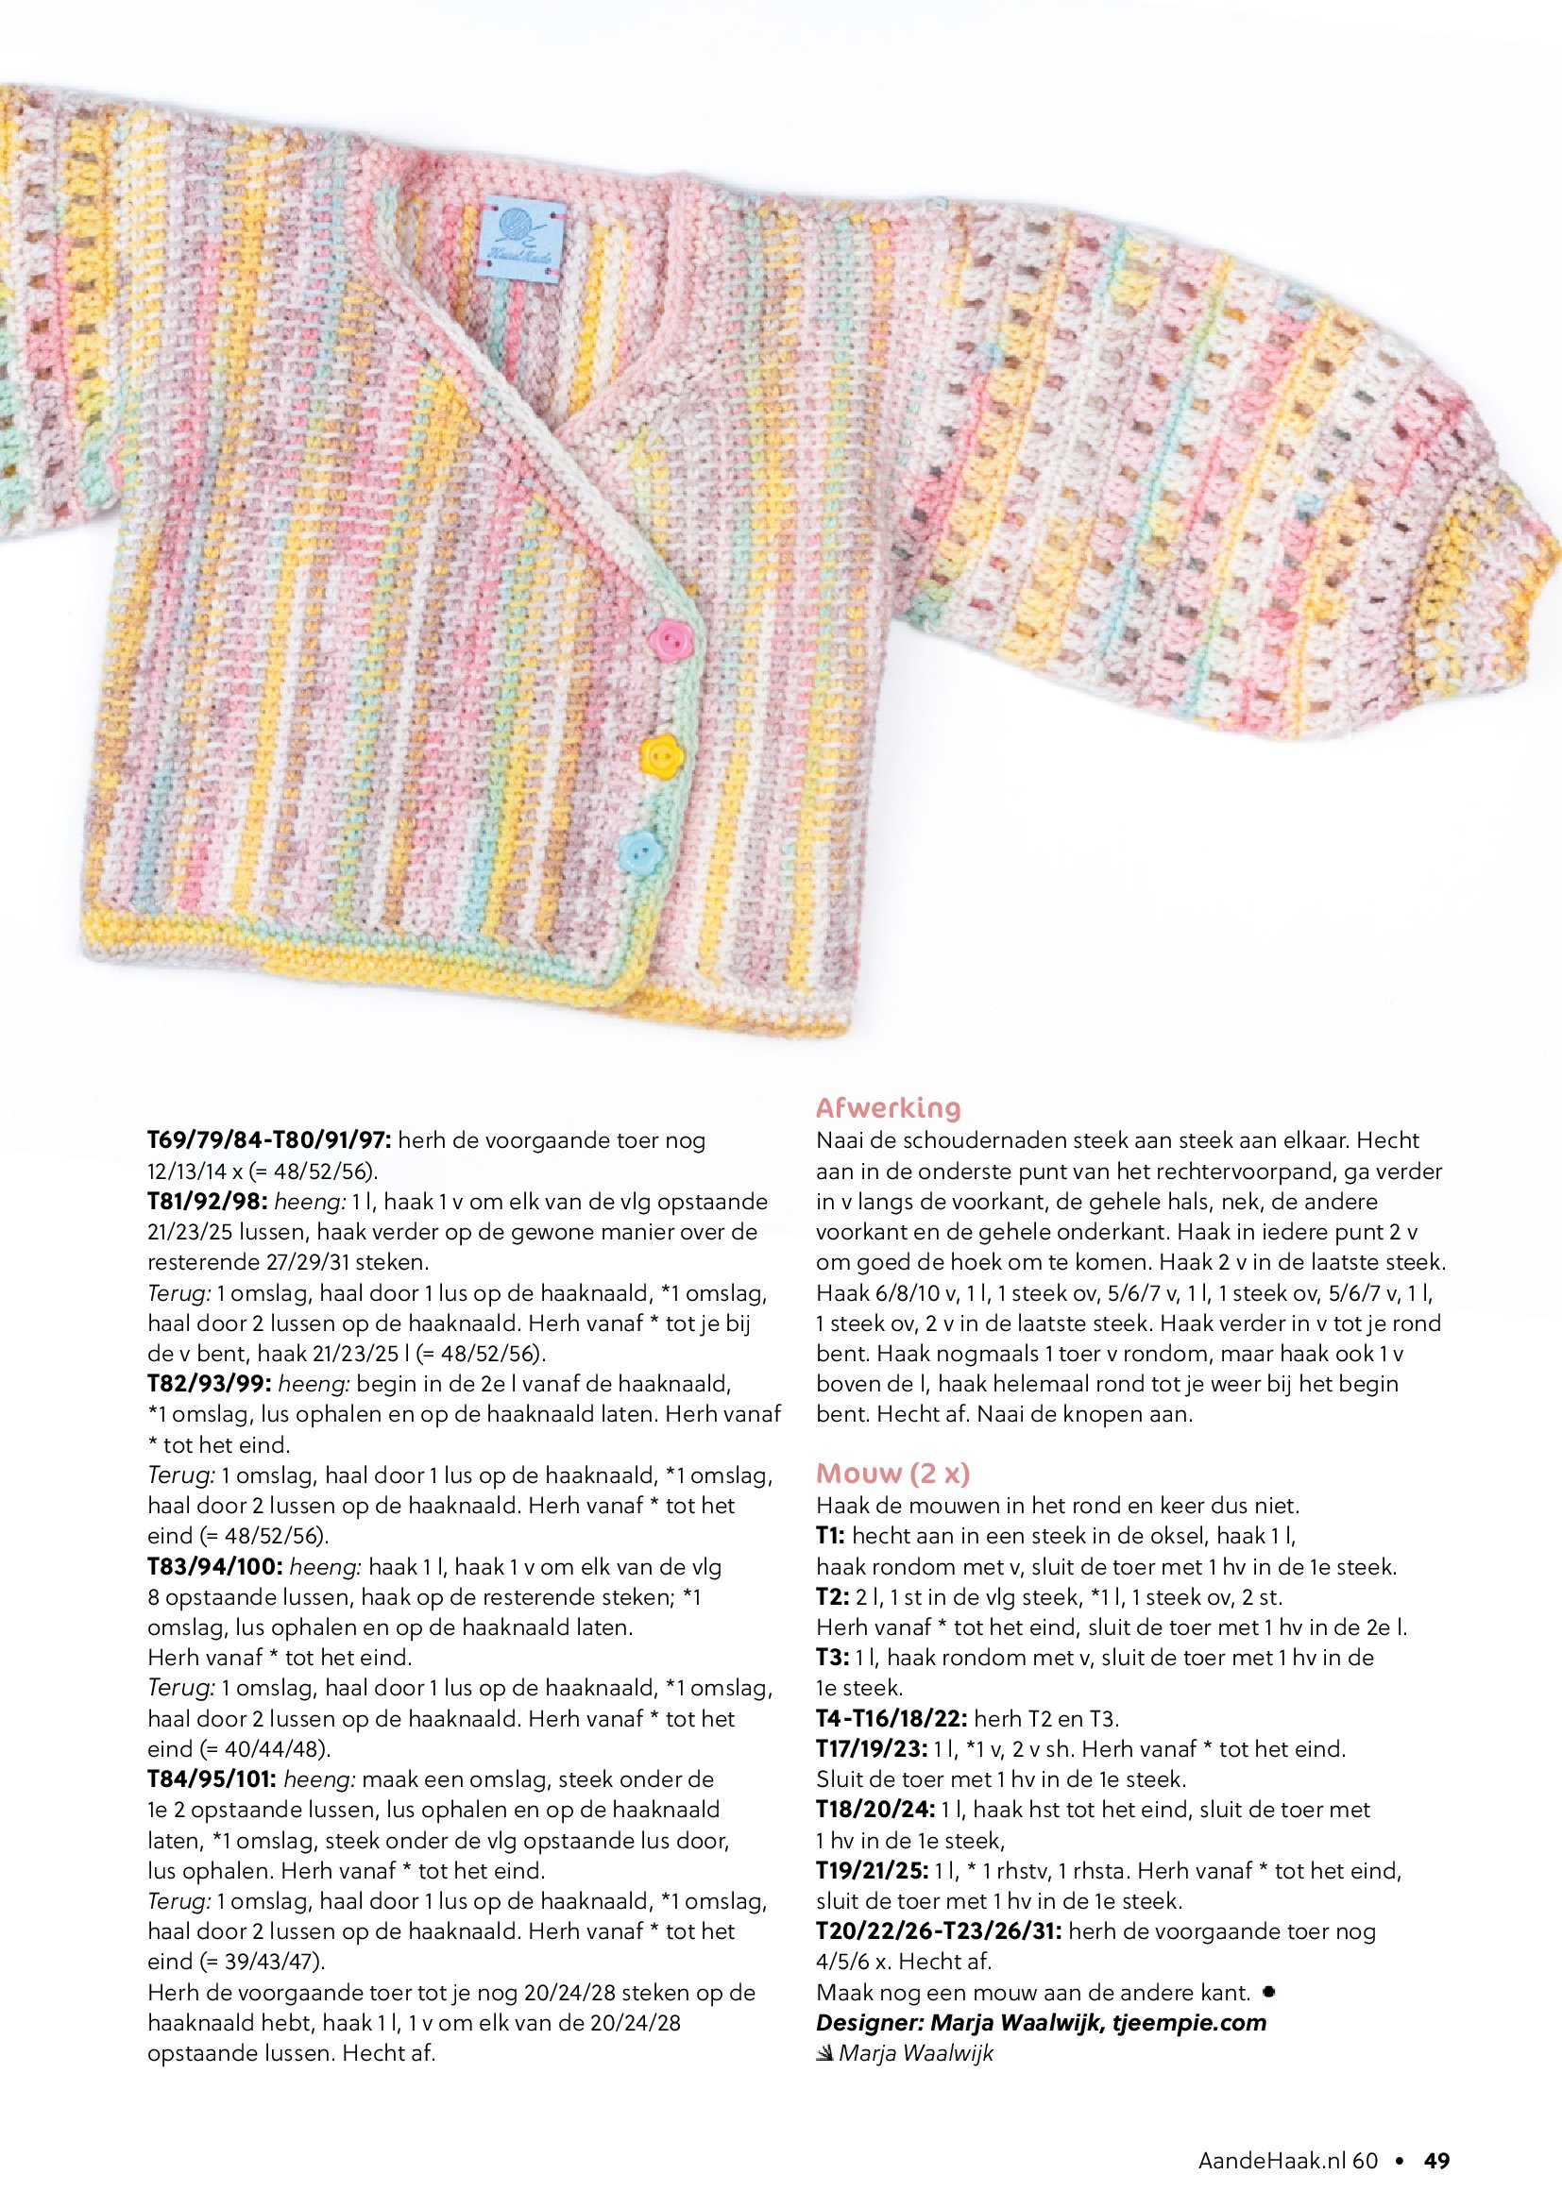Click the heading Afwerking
(x=888, y=1108)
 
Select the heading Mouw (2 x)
(x=892, y=1474)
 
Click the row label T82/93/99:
(x=209, y=1384)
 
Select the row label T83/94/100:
(x=214, y=1567)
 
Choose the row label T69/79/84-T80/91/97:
(x=268, y=1140)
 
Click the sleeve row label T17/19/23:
(x=872, y=1748)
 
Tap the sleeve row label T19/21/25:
(x=872, y=1870)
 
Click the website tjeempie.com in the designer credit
(x=1189, y=2022)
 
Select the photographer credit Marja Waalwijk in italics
(x=915, y=2053)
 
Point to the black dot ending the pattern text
(x=1268, y=1992)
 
